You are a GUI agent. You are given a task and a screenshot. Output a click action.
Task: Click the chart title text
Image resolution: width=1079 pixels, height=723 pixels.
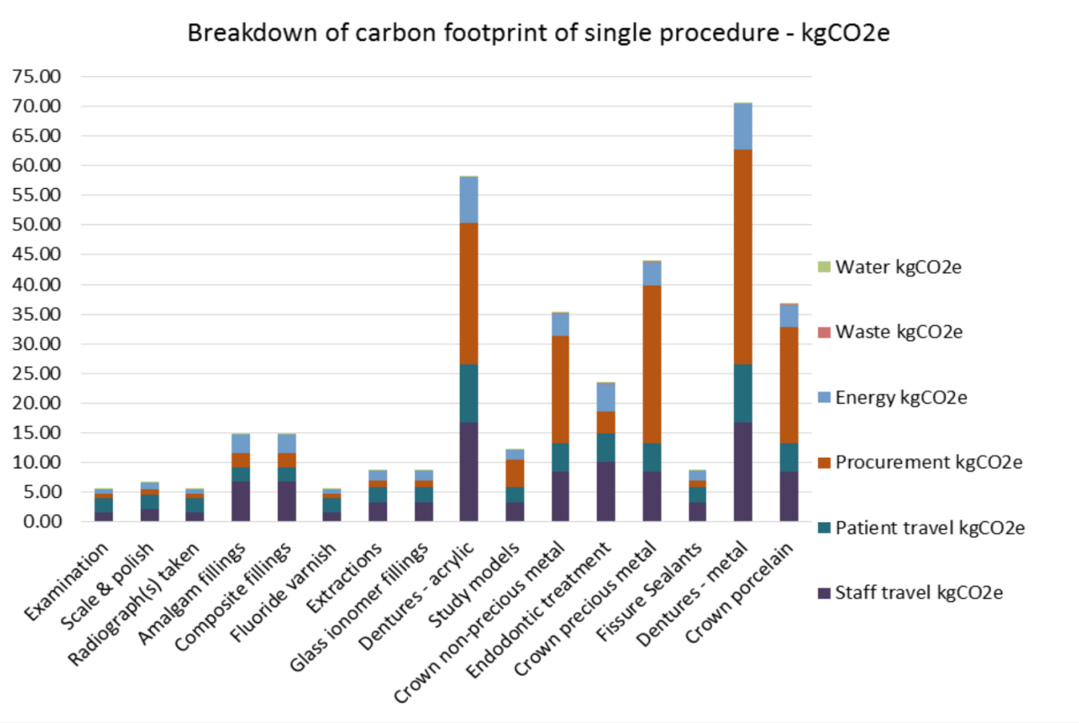point(538,33)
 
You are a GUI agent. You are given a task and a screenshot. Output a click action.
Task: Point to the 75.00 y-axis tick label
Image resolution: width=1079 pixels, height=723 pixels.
point(36,76)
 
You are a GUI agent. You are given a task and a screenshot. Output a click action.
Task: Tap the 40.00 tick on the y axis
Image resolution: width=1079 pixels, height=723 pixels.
point(36,284)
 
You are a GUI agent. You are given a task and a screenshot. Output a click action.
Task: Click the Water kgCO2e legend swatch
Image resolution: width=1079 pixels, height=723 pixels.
point(824,267)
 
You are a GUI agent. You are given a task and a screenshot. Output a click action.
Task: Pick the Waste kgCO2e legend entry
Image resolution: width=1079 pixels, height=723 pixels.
point(899,332)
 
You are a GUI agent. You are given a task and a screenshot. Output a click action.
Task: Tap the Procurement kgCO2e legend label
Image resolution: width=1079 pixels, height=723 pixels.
point(929,462)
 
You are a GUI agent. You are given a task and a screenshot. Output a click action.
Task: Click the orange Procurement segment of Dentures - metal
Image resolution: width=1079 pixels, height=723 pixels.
point(743,257)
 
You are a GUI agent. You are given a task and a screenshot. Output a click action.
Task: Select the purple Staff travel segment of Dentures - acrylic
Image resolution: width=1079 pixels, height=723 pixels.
point(469,472)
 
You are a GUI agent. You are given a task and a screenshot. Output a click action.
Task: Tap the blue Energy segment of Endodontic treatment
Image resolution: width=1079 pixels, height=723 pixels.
point(606,397)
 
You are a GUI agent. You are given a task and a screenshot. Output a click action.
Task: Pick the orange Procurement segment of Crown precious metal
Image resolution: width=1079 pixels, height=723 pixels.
point(652,364)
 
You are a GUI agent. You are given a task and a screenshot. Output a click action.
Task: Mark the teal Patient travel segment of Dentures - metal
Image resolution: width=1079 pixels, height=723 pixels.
point(743,393)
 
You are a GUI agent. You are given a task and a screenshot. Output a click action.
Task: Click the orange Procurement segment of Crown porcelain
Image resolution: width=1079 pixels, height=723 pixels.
point(788,385)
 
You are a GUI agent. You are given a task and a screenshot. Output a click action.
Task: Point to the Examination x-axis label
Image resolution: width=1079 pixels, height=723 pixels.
point(67,582)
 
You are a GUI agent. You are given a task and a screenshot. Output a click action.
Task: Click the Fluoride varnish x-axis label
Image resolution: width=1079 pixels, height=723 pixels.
point(284,593)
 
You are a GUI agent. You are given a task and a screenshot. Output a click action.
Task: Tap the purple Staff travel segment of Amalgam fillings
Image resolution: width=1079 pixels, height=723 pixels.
point(240,502)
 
